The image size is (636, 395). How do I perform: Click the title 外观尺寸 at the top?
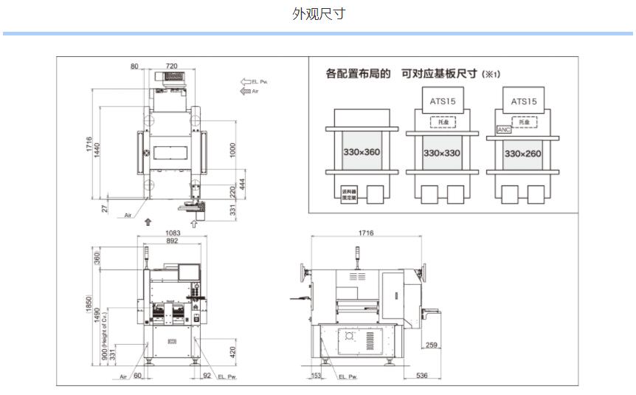click(x=318, y=14)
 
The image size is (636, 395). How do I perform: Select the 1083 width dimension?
click(x=172, y=233)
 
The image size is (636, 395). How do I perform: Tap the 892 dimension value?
click(x=172, y=241)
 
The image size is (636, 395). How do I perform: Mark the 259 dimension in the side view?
click(x=432, y=345)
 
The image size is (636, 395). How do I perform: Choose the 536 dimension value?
click(x=421, y=376)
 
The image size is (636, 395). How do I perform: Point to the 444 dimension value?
click(x=242, y=183)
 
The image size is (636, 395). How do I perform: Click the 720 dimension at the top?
click(x=171, y=66)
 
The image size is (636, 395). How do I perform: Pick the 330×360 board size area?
click(x=361, y=152)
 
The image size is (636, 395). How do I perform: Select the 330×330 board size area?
click(x=442, y=153)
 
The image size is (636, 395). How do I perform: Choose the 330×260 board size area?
click(x=523, y=153)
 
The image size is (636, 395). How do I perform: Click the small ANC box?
click(x=503, y=129)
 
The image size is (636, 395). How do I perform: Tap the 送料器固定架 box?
click(x=349, y=194)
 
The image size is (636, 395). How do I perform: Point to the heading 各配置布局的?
click(x=358, y=74)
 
